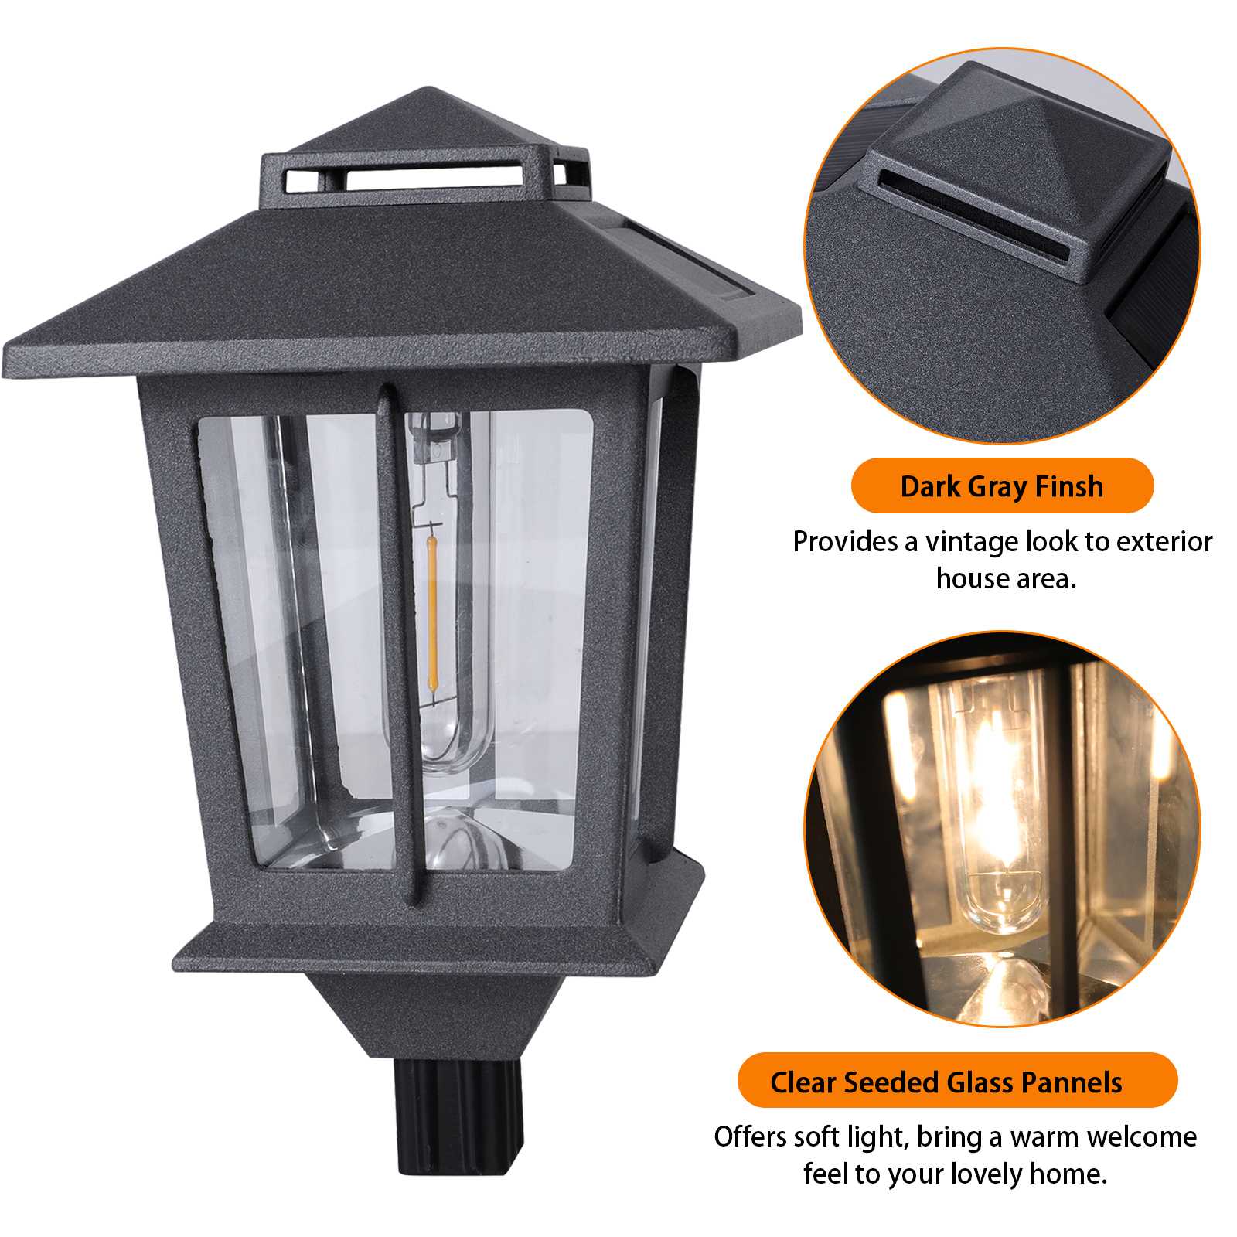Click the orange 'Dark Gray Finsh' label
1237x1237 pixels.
pos(1001,486)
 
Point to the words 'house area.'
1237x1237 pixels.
pos(1006,578)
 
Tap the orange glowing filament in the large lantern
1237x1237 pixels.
pos(431,611)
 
